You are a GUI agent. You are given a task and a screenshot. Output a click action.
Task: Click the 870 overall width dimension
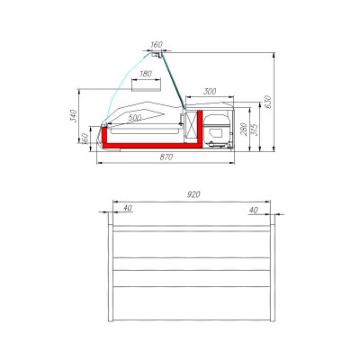coord(166,157)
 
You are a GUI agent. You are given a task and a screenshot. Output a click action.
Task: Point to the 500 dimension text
coord(135,118)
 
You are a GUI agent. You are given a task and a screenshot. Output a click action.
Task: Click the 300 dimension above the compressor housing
coord(209,93)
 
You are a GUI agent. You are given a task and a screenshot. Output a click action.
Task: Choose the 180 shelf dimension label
coord(146,75)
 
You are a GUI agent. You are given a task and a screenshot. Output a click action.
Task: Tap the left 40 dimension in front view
coord(126,209)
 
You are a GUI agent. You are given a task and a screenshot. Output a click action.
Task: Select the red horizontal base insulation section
coord(148,142)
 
